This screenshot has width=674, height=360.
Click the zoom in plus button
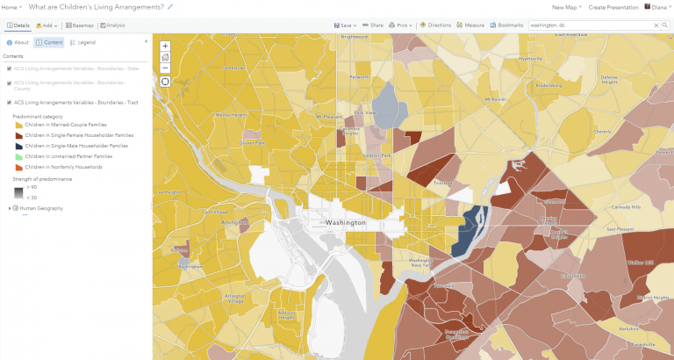pos(166,46)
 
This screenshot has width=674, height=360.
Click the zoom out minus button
pos(166,67)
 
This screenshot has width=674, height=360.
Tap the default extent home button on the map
pos(166,56)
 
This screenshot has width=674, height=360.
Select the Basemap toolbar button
pos(83,25)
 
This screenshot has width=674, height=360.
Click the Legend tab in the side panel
pos(82,42)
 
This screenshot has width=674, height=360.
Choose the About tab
pos(18,42)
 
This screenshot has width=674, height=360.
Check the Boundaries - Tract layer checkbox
pos(9,102)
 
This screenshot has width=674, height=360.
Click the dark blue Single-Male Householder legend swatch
pos(18,145)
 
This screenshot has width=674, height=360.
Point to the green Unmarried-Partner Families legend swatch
pos(18,155)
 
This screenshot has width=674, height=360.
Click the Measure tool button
pos(471,25)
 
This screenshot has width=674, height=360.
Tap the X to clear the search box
pos(655,25)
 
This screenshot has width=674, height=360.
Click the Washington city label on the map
pos(345,223)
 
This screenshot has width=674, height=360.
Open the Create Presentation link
pos(613,7)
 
